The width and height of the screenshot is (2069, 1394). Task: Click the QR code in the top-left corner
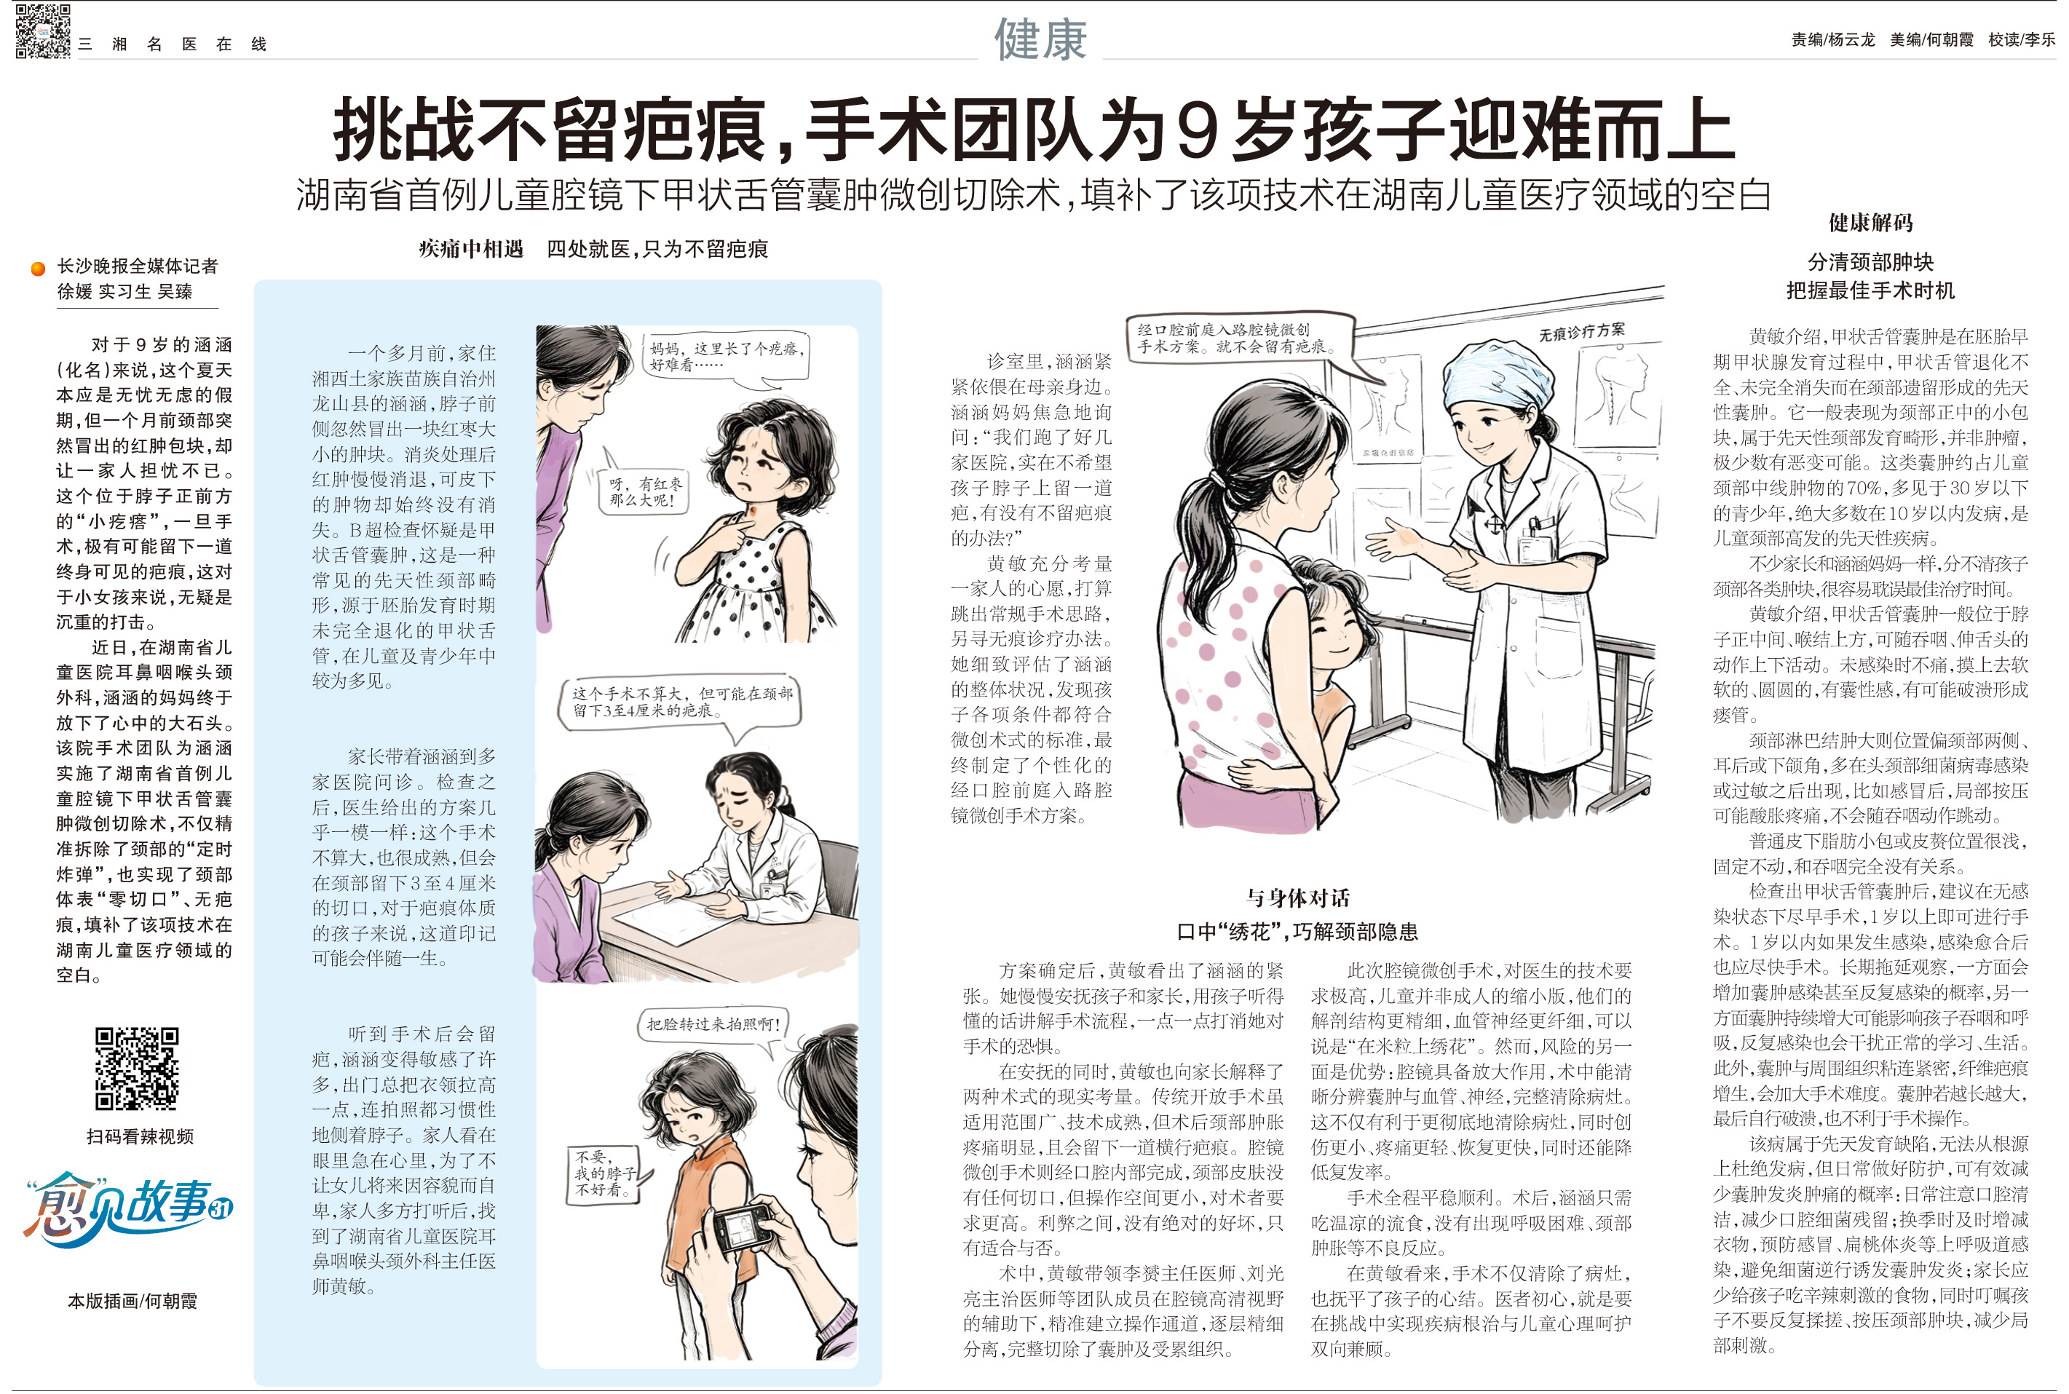(x=43, y=31)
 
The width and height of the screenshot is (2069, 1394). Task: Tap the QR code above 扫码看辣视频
(x=137, y=1069)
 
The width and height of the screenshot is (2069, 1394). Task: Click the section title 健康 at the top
(x=1040, y=39)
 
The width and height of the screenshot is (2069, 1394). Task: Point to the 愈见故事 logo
(x=128, y=1208)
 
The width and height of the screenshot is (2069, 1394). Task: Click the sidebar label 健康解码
(x=1870, y=222)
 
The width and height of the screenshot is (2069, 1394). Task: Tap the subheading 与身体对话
(x=1297, y=898)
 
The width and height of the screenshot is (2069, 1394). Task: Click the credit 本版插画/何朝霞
(x=132, y=1301)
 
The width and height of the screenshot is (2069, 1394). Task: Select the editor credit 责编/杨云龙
(x=1832, y=40)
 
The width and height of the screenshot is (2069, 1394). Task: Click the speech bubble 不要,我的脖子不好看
(x=606, y=1173)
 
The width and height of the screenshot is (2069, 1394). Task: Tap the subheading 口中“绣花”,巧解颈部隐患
(x=1297, y=932)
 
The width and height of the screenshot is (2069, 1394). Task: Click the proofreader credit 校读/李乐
(x=2021, y=40)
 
